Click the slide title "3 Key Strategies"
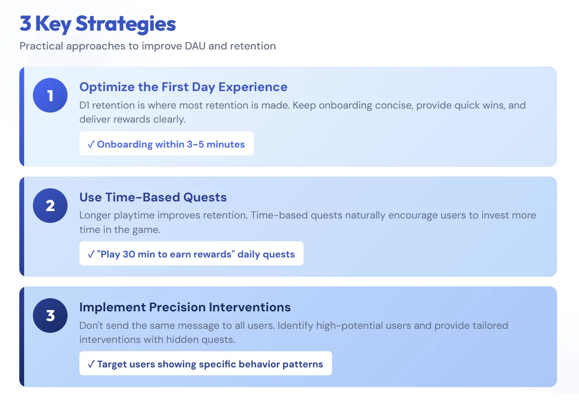click(x=97, y=24)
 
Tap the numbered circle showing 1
click(x=50, y=95)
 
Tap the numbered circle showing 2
click(x=50, y=205)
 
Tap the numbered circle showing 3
click(x=50, y=315)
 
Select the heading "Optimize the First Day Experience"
click(x=183, y=87)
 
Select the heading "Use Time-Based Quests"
click(x=153, y=197)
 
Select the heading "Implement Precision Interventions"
click(x=185, y=307)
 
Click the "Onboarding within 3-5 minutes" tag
click(x=166, y=144)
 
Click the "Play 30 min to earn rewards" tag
click(x=191, y=254)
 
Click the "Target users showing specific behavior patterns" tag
click(x=205, y=364)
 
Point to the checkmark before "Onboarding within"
click(x=91, y=144)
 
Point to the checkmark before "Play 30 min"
click(x=91, y=254)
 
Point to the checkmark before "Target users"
click(x=91, y=364)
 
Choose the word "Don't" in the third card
click(x=91, y=325)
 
